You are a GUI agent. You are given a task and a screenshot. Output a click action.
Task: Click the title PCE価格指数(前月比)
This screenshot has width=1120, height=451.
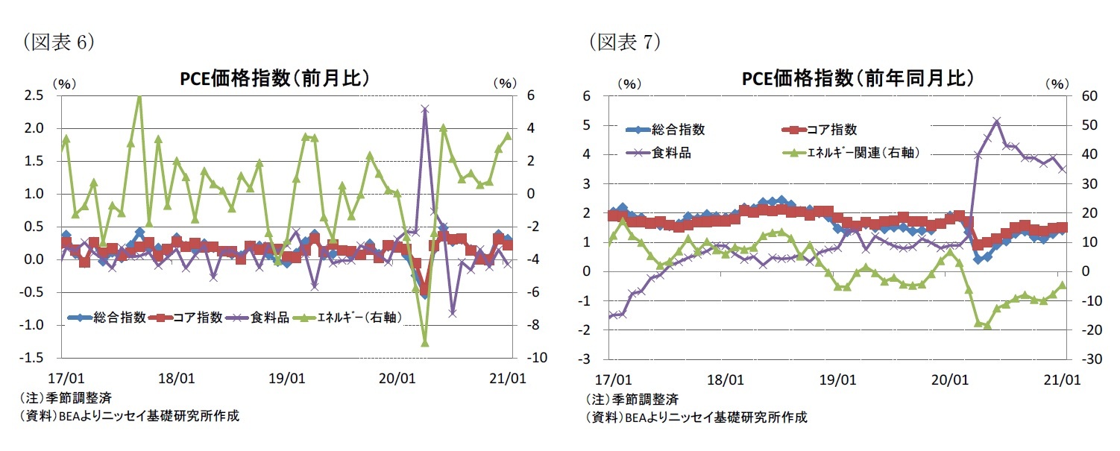tap(276, 79)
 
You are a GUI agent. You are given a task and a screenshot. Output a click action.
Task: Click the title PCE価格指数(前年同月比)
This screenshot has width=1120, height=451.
tap(858, 79)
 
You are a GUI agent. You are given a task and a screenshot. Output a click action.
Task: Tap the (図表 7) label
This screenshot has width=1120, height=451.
tap(623, 42)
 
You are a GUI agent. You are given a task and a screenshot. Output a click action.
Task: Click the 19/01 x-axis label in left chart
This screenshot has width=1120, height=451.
tap(288, 378)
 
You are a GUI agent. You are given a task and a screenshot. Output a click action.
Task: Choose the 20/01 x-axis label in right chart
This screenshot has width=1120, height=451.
tap(948, 378)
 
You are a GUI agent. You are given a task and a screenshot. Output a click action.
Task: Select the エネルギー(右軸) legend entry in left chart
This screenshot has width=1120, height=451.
tap(359, 318)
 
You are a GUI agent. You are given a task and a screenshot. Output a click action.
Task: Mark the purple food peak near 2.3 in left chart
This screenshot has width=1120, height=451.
tap(424, 109)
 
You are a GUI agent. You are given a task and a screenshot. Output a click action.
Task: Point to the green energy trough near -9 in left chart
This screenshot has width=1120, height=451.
tap(424, 342)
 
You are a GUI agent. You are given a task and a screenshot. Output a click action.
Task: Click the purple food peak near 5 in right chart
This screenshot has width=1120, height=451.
tap(996, 121)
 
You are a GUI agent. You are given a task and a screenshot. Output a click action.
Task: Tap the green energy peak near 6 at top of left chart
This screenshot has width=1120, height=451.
tap(139, 96)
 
